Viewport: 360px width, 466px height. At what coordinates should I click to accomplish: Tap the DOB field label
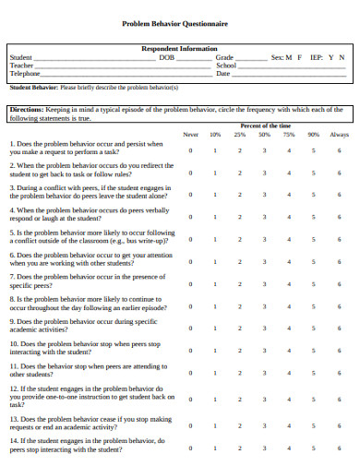click(166, 57)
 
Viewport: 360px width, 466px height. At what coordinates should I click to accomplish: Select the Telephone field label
click(26, 74)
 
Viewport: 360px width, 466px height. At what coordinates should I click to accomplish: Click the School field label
click(226, 66)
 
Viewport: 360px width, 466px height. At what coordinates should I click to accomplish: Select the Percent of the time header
click(265, 125)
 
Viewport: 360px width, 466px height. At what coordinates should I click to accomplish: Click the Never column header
click(190, 135)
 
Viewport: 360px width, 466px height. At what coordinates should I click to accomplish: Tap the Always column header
click(339, 135)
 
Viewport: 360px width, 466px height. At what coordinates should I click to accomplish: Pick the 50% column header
click(264, 135)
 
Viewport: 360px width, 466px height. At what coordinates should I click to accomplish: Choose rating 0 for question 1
click(190, 149)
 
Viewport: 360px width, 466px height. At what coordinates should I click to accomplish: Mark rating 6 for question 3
click(339, 195)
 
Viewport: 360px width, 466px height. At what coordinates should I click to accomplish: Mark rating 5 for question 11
click(314, 371)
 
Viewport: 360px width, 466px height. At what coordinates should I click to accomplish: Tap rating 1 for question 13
click(215, 424)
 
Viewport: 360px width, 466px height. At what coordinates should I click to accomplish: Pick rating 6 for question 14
click(339, 446)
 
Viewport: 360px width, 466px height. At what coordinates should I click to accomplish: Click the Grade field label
click(224, 57)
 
